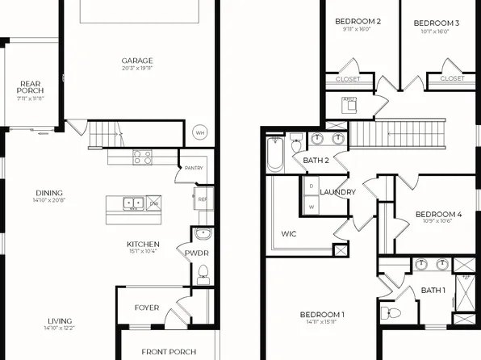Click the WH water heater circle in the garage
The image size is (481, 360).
point(199,133)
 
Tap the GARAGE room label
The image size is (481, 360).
point(137,61)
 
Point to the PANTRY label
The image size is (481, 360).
point(194,168)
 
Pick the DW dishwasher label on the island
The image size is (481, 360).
point(153,203)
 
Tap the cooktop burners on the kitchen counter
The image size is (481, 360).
point(142,158)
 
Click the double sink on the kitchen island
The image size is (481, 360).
point(132,203)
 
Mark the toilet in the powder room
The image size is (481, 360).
point(203,274)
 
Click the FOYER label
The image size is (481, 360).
point(147,308)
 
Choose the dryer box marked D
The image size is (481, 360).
point(312,186)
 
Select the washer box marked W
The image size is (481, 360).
point(312,207)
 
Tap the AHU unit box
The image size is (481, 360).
point(349,103)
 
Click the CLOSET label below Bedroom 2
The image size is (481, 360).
point(349,79)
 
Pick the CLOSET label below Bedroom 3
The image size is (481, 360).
point(452,79)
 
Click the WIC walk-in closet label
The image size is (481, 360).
point(289,234)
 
